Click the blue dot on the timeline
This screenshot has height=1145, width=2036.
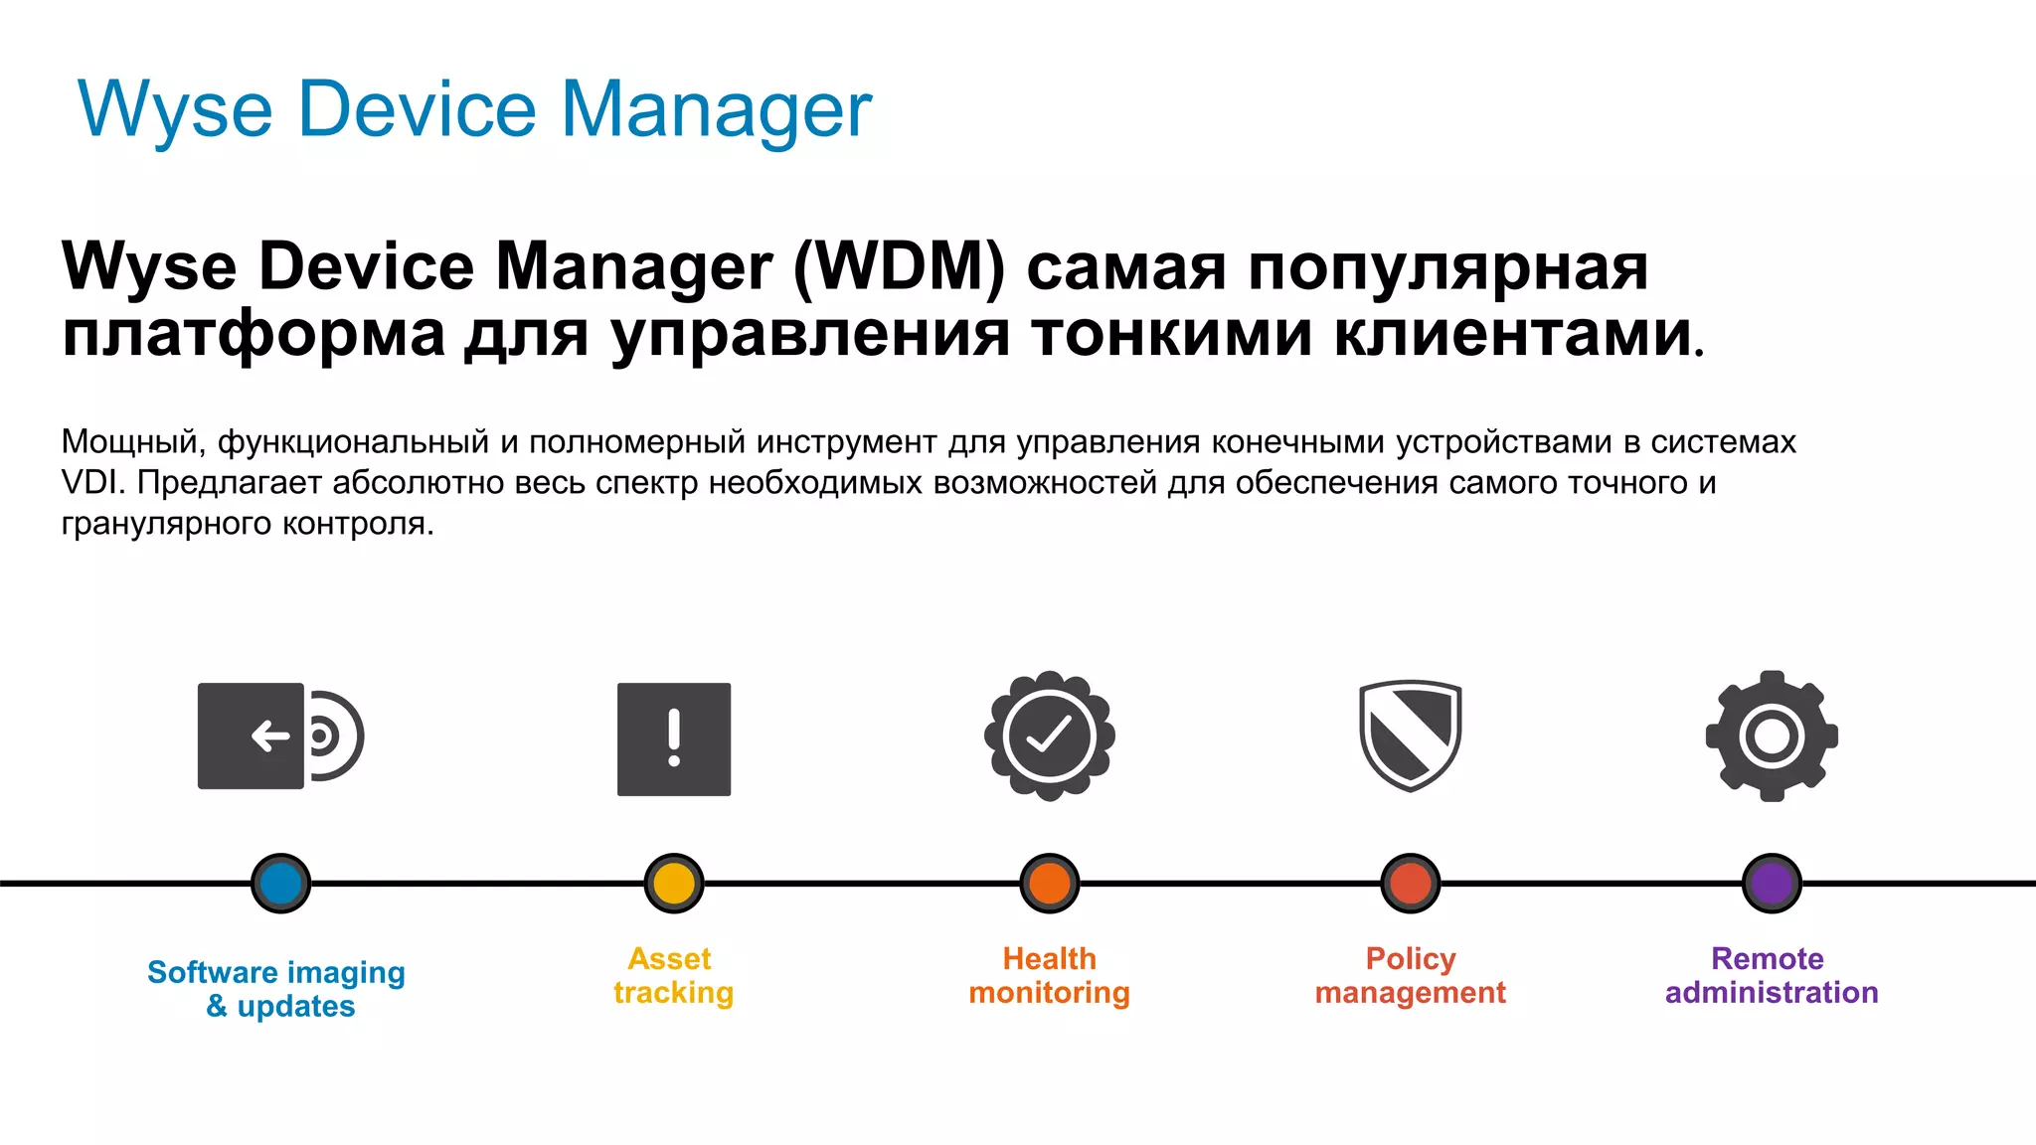pos(281,883)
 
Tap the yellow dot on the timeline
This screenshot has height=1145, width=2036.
pos(674,883)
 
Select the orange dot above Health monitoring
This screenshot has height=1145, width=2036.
pos(1050,883)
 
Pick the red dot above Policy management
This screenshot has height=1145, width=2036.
pos(1411,883)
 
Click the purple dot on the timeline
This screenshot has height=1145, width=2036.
pos(1772,883)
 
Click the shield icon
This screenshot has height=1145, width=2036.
pos(1410,736)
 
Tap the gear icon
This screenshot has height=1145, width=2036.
pos(1772,736)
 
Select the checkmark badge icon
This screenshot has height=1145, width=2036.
pos(1050,736)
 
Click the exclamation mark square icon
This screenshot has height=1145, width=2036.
pos(674,738)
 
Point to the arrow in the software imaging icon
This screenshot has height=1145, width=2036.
pos(270,736)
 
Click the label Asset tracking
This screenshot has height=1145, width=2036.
pos(673,975)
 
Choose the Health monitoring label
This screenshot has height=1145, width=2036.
pos(1050,975)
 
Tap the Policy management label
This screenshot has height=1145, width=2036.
pos(1410,975)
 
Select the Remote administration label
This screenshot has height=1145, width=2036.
pos(1772,975)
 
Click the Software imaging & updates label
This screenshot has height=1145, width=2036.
pos(277,989)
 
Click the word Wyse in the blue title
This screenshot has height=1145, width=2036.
pos(175,109)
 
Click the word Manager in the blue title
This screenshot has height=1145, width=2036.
pos(716,109)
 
